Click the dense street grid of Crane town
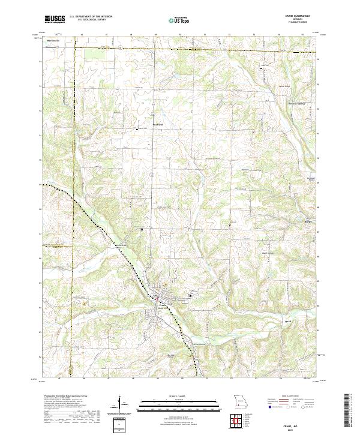pyautogui.click(x=160, y=297)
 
